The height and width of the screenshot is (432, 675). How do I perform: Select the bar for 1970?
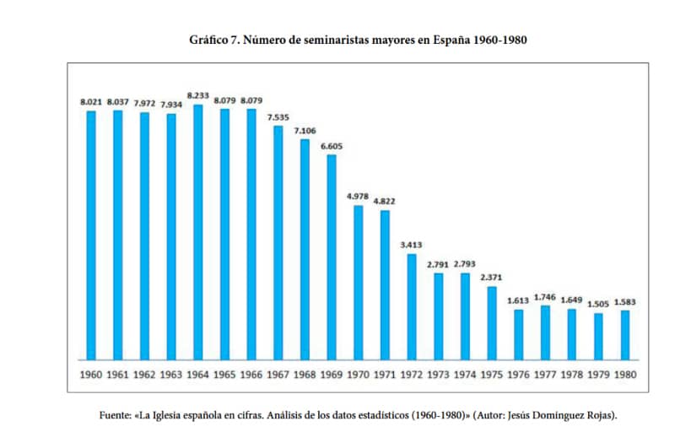358,282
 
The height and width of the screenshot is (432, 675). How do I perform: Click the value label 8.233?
197,95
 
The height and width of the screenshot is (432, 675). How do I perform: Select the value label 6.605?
331,145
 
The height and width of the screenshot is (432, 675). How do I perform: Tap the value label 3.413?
411,245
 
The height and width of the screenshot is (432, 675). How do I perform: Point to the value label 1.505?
598,304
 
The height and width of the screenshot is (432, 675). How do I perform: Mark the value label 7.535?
278,117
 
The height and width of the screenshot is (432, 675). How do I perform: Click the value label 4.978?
358,196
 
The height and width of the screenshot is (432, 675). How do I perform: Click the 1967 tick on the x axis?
278,374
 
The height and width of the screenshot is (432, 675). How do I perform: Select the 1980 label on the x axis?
625,374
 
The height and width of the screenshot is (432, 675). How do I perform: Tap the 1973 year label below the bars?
438,374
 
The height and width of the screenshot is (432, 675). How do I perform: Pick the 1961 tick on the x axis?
117,374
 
